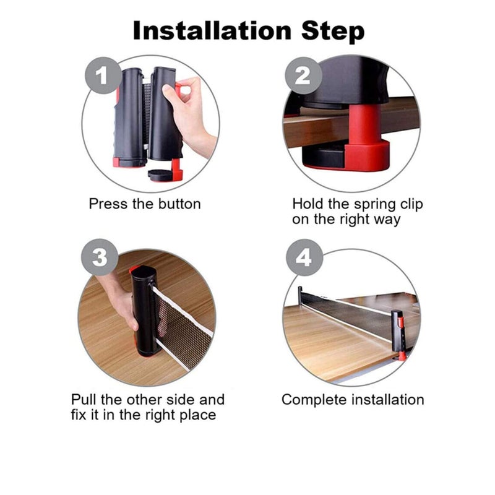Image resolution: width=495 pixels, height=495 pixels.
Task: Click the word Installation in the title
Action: tap(212, 31)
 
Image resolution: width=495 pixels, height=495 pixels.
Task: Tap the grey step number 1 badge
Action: tap(103, 75)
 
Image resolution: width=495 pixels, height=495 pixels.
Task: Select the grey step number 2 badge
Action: tap(303, 75)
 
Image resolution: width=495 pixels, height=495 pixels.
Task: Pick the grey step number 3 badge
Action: tap(100, 257)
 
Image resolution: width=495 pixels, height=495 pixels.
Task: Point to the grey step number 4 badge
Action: tap(304, 257)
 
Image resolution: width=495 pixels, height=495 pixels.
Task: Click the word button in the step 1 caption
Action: tap(179, 204)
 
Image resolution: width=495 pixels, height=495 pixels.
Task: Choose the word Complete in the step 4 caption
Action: tap(314, 400)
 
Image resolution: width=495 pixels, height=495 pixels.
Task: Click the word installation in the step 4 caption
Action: tap(388, 400)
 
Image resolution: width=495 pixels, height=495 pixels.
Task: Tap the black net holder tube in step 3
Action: tap(145, 311)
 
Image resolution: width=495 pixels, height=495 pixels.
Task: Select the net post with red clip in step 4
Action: tap(398, 335)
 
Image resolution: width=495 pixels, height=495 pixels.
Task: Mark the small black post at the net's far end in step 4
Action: tap(300, 293)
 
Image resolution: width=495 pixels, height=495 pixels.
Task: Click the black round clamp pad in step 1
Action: tap(160, 175)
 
